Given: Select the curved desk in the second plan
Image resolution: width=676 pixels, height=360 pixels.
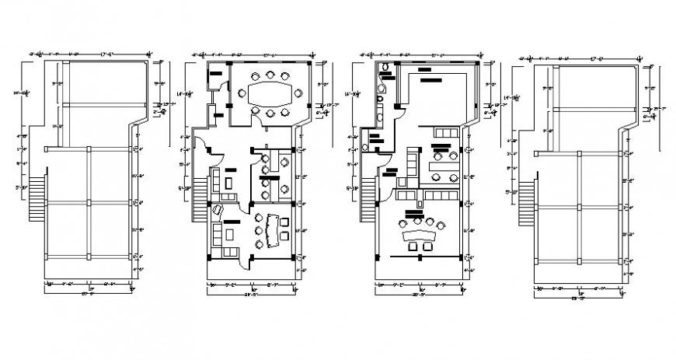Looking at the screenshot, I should click(x=272, y=229).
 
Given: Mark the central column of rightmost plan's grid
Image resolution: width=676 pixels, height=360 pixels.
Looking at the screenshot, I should click(x=580, y=207).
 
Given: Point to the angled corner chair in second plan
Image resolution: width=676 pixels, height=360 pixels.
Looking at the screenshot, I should click(x=219, y=209).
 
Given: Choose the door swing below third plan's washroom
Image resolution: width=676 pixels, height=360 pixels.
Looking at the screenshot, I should click(x=384, y=180).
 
